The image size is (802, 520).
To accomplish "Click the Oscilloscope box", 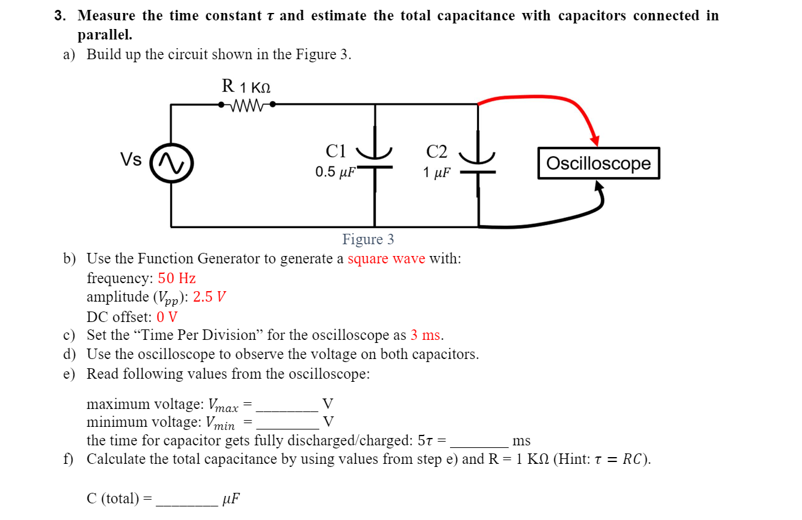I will [x=599, y=163].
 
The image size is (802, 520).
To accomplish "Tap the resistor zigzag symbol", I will [x=246, y=105].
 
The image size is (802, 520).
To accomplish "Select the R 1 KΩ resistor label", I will [x=246, y=86].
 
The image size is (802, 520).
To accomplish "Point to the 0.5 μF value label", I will [x=335, y=172].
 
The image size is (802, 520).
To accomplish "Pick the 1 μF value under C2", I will [x=436, y=173].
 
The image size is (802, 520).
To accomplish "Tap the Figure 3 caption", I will [x=368, y=239].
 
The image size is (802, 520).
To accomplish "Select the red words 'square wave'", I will [x=386, y=258].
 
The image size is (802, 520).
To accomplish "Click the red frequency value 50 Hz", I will [x=177, y=278].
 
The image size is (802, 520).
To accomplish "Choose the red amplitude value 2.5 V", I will [x=210, y=297].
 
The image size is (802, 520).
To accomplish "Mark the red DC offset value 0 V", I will [x=167, y=317].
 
